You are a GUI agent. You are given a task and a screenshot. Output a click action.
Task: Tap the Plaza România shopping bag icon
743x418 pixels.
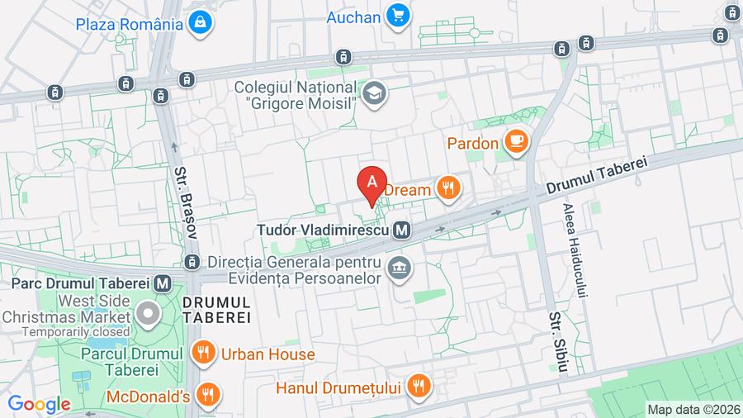tap(199, 24)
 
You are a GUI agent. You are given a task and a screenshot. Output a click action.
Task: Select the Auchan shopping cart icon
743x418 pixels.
tap(400, 16)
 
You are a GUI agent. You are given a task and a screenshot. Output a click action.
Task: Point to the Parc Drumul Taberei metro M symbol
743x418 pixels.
tap(163, 283)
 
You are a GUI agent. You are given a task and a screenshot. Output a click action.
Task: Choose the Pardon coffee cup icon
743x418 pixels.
tap(517, 143)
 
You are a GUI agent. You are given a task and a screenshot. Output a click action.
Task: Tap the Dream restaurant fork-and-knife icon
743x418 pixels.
tap(448, 189)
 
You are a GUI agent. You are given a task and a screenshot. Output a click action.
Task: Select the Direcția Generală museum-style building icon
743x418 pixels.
tap(400, 269)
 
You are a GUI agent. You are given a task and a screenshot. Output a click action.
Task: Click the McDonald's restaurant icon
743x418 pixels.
tap(210, 396)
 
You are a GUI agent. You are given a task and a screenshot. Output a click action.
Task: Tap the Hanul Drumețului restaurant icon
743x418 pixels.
tap(419, 385)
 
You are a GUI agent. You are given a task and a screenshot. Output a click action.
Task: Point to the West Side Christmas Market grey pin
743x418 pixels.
tap(149, 314)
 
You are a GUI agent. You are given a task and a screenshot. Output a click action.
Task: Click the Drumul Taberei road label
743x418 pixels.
tap(595, 176)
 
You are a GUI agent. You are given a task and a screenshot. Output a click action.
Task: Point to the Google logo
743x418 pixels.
tap(39, 404)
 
